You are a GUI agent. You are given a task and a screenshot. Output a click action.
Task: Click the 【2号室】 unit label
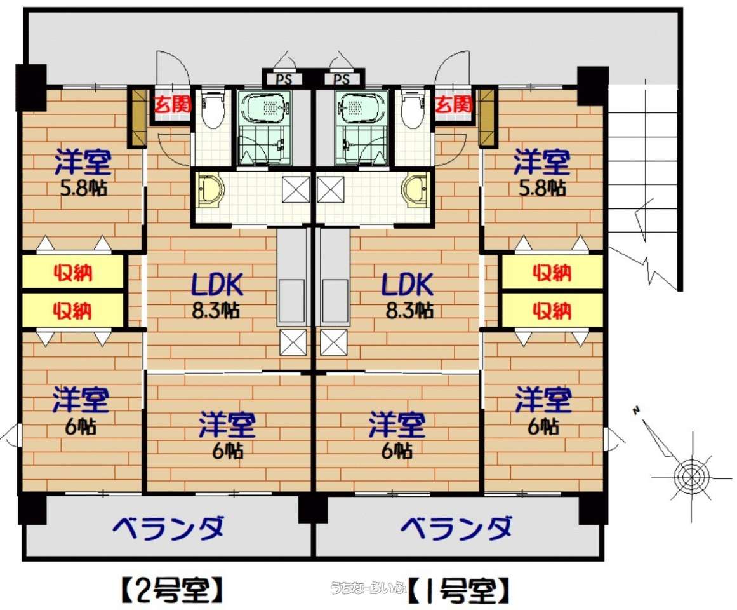point(171,590)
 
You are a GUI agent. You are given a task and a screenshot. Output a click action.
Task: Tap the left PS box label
point(283,79)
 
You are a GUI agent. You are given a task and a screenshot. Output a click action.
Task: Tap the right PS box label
point(342,79)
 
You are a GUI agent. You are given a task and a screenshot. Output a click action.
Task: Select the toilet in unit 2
point(213,109)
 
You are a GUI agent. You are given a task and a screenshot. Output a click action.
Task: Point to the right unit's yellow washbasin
point(416,191)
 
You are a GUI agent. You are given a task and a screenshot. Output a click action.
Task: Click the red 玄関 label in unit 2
point(173,104)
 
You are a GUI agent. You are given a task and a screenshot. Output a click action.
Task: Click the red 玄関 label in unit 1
point(453,104)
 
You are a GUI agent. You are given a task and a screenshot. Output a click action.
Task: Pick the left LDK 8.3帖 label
point(216,295)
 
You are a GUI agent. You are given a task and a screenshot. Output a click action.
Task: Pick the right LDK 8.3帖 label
point(408,295)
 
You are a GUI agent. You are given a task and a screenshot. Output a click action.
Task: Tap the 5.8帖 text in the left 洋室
point(83,188)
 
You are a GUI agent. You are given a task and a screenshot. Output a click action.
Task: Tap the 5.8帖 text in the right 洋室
point(541,188)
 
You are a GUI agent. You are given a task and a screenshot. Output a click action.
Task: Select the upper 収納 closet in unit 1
point(552,273)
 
